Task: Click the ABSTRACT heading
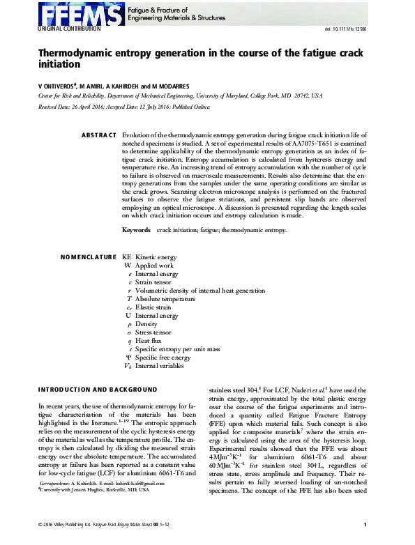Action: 99,134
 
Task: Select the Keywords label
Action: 136,230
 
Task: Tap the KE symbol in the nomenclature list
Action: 126,257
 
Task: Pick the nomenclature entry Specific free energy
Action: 163,358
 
